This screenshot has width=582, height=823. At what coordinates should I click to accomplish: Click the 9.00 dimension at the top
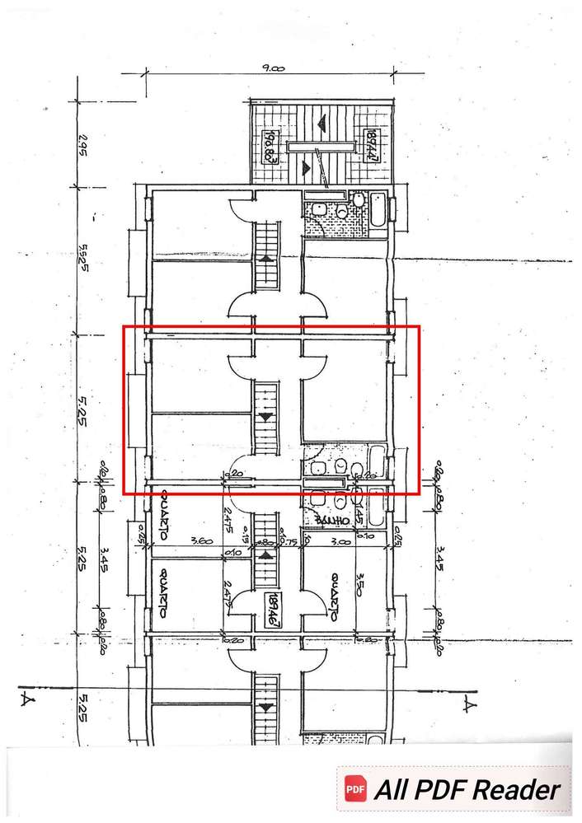click(x=274, y=71)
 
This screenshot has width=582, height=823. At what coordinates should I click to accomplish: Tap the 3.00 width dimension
click(x=340, y=542)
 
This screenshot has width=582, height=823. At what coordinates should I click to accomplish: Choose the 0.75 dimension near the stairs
click(x=291, y=542)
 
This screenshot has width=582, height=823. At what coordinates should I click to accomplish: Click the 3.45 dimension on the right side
click(x=439, y=560)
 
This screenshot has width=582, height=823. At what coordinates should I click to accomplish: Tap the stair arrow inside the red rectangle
click(x=265, y=418)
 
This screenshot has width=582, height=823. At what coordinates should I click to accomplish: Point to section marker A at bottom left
click(x=26, y=702)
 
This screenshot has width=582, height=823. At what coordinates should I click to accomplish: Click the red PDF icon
click(x=355, y=789)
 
